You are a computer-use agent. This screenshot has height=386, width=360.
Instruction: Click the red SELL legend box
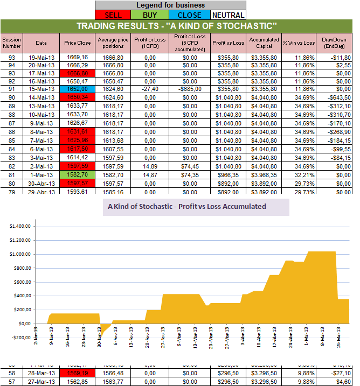113,15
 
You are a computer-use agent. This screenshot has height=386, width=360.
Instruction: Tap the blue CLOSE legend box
189,15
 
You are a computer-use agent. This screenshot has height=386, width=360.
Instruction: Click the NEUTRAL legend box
227,15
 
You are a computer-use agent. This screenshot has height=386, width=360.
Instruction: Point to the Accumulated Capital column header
264,43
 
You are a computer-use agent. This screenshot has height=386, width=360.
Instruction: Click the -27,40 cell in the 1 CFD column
147,88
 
